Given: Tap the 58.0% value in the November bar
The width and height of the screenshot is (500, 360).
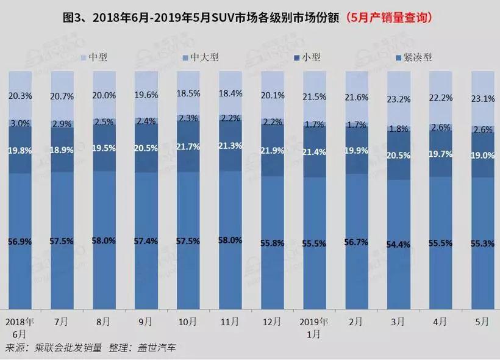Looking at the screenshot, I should (230, 240).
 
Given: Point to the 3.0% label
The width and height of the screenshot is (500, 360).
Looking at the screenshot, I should (20, 123).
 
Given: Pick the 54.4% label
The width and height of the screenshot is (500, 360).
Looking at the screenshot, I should (398, 245).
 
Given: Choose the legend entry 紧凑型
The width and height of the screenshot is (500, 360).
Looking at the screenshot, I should (416, 57).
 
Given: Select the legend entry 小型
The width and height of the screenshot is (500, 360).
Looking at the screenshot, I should (312, 57).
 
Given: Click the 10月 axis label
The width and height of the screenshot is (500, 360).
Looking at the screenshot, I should (188, 322).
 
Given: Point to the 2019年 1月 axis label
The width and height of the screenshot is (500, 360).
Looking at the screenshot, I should (314, 328).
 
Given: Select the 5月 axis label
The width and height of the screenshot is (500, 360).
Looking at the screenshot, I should (482, 322).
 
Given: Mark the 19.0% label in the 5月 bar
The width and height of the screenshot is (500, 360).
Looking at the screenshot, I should (482, 155).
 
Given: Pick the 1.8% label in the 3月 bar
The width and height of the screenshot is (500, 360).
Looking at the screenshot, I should (398, 129).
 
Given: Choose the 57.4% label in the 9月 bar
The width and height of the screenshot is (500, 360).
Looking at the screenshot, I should (146, 241).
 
